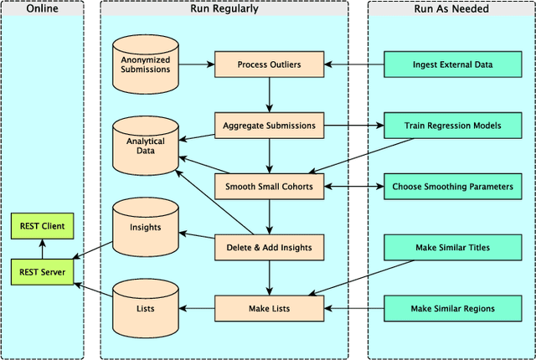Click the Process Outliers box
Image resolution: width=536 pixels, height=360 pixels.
point(269,64)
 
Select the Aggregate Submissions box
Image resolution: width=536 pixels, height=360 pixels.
point(269,126)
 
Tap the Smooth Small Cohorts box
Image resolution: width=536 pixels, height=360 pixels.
point(269,186)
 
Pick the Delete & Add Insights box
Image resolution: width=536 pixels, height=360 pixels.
point(269,247)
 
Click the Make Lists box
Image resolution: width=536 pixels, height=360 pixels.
point(269,308)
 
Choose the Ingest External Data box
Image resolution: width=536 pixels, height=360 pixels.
point(452,64)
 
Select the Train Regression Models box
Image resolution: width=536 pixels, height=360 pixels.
point(452,126)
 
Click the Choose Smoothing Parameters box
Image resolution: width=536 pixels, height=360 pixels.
point(452,186)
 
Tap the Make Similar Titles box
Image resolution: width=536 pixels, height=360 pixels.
point(452,247)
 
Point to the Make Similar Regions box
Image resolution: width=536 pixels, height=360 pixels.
point(452,308)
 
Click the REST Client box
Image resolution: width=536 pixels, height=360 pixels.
point(42,225)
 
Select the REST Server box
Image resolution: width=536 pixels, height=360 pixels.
point(42,271)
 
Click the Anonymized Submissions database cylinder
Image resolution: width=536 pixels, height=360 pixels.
point(146,64)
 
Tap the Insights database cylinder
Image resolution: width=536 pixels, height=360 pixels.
point(146,227)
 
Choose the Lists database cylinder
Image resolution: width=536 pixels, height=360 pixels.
point(146,307)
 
